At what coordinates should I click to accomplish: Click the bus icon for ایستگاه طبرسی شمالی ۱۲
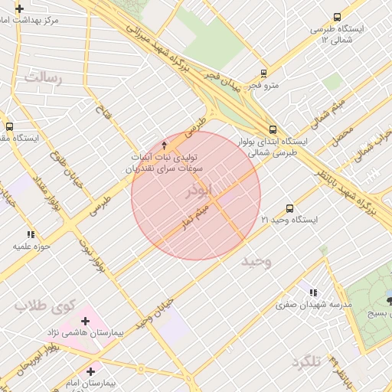tap(338, 18)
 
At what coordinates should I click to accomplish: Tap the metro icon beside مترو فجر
tap(263, 74)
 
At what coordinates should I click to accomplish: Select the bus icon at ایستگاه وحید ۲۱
tap(289, 208)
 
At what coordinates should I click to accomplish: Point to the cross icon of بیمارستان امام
tap(90, 371)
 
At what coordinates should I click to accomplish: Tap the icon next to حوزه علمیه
tap(31, 234)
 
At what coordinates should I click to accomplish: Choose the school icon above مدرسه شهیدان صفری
tap(312, 292)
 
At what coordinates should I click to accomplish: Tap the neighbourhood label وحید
tap(258, 262)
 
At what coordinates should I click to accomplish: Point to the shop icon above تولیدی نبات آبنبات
tap(164, 145)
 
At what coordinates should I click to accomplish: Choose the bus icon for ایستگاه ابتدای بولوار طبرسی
tap(273, 129)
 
